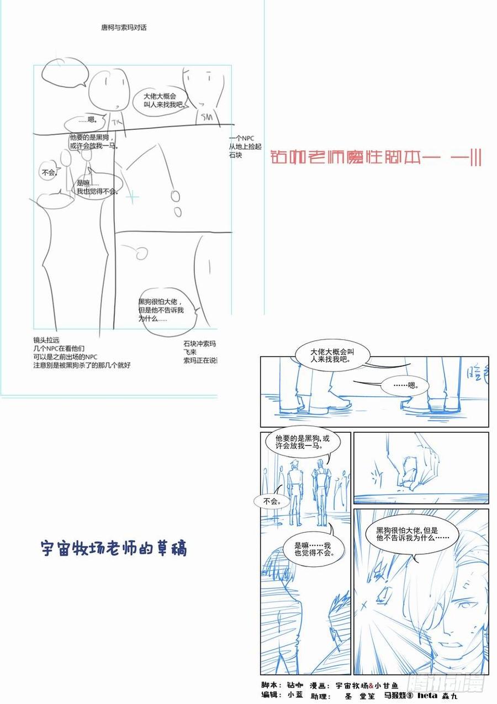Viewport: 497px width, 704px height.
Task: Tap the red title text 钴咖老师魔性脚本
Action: tap(376, 158)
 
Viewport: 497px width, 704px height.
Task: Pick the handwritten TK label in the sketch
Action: tap(115, 121)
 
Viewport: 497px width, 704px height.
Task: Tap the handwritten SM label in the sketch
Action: tap(207, 117)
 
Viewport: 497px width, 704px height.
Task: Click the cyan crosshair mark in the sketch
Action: tap(133, 196)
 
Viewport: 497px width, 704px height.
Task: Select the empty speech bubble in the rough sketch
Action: tap(65, 71)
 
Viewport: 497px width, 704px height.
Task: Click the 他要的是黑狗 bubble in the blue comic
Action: tap(305, 442)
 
